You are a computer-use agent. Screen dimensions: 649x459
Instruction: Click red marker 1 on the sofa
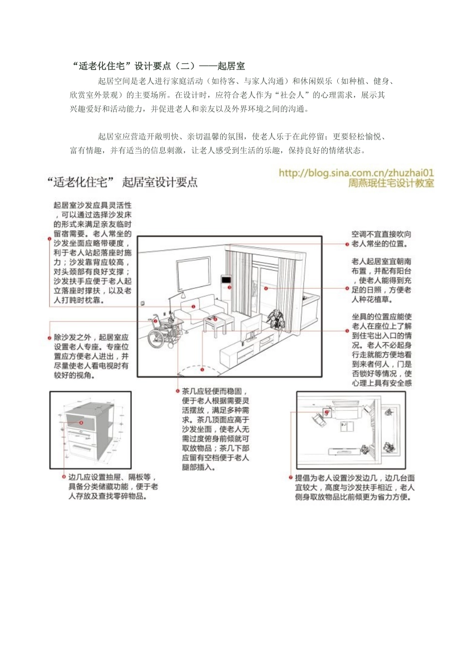[x=193, y=307]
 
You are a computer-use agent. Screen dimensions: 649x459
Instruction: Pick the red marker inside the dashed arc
[x=202, y=369]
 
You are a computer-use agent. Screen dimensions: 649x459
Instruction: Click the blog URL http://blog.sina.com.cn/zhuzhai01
[x=356, y=173]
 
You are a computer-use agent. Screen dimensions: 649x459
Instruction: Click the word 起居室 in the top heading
[x=231, y=66]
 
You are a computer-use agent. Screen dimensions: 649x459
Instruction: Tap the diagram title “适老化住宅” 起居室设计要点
[x=122, y=183]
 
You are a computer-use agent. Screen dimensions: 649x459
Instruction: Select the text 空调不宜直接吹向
[x=381, y=234]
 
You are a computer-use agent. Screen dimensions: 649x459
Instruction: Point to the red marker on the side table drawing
[x=81, y=423]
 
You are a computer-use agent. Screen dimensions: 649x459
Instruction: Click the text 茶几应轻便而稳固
[x=215, y=391]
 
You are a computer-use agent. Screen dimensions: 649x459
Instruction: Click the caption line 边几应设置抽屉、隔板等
[x=112, y=477]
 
